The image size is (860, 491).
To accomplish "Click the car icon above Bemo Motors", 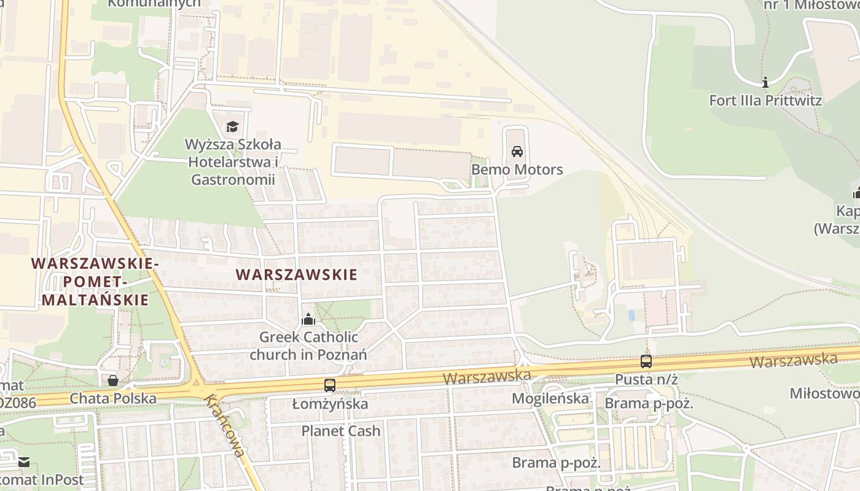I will click(517, 152).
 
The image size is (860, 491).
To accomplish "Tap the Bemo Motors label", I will click(517, 169).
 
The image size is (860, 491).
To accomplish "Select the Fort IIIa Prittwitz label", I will click(765, 100).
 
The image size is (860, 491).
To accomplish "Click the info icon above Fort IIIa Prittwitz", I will click(765, 82).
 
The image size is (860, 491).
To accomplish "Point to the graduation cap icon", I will click(232, 127).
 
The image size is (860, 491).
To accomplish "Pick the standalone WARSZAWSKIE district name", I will click(296, 274).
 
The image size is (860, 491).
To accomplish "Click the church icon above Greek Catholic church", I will click(308, 319).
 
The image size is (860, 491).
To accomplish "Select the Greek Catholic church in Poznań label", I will click(308, 346).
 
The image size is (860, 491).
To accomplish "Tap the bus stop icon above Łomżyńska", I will click(330, 385).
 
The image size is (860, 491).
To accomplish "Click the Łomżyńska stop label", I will click(330, 404).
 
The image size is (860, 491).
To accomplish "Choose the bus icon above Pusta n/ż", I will click(646, 361).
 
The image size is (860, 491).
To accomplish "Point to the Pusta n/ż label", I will click(646, 379).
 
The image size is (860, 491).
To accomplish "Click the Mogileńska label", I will click(550, 399).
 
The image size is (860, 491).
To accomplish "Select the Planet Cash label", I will click(341, 431).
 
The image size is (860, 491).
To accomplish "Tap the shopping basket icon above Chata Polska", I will click(113, 381).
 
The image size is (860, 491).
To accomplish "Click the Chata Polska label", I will click(113, 398).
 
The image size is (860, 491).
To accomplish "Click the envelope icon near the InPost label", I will click(23, 462).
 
